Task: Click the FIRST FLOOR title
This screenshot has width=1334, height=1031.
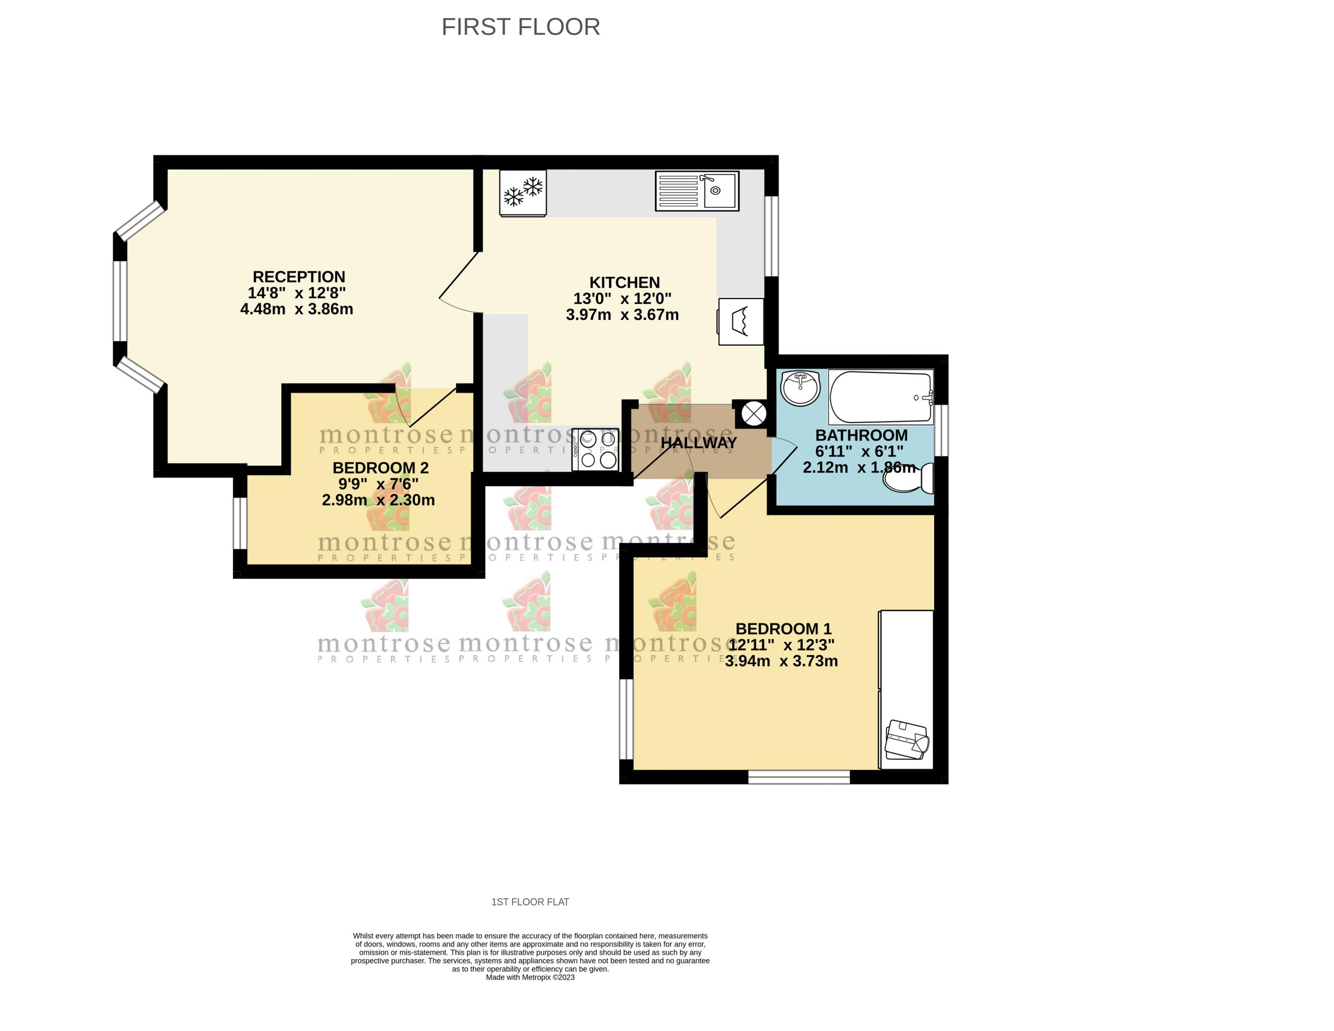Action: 521,27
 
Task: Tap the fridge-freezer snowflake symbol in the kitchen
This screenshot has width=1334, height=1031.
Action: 523,193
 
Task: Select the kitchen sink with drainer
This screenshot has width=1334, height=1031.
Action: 697,191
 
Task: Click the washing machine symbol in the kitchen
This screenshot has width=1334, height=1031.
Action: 741,322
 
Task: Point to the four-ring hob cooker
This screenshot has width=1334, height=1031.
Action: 596,450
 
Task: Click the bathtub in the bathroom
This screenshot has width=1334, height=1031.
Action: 881,397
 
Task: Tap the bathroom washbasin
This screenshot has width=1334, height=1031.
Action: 800,388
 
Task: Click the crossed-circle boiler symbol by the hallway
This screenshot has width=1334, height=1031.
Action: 754,414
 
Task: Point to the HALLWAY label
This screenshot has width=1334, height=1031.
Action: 699,442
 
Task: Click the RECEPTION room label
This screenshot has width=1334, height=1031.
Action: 299,277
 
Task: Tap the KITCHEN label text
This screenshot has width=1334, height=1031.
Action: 624,282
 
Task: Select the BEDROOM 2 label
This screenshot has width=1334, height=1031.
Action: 380,468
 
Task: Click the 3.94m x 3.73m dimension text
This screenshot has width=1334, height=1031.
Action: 781,661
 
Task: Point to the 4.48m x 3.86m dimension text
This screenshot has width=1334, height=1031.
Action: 296,309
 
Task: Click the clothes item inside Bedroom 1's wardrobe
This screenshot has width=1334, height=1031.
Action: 907,740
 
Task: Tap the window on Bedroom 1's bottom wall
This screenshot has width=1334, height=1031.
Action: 799,777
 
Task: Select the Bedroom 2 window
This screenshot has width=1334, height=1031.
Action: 240,524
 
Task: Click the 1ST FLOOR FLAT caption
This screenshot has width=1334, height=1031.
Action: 530,902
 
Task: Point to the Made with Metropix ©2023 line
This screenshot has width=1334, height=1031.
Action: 530,977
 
